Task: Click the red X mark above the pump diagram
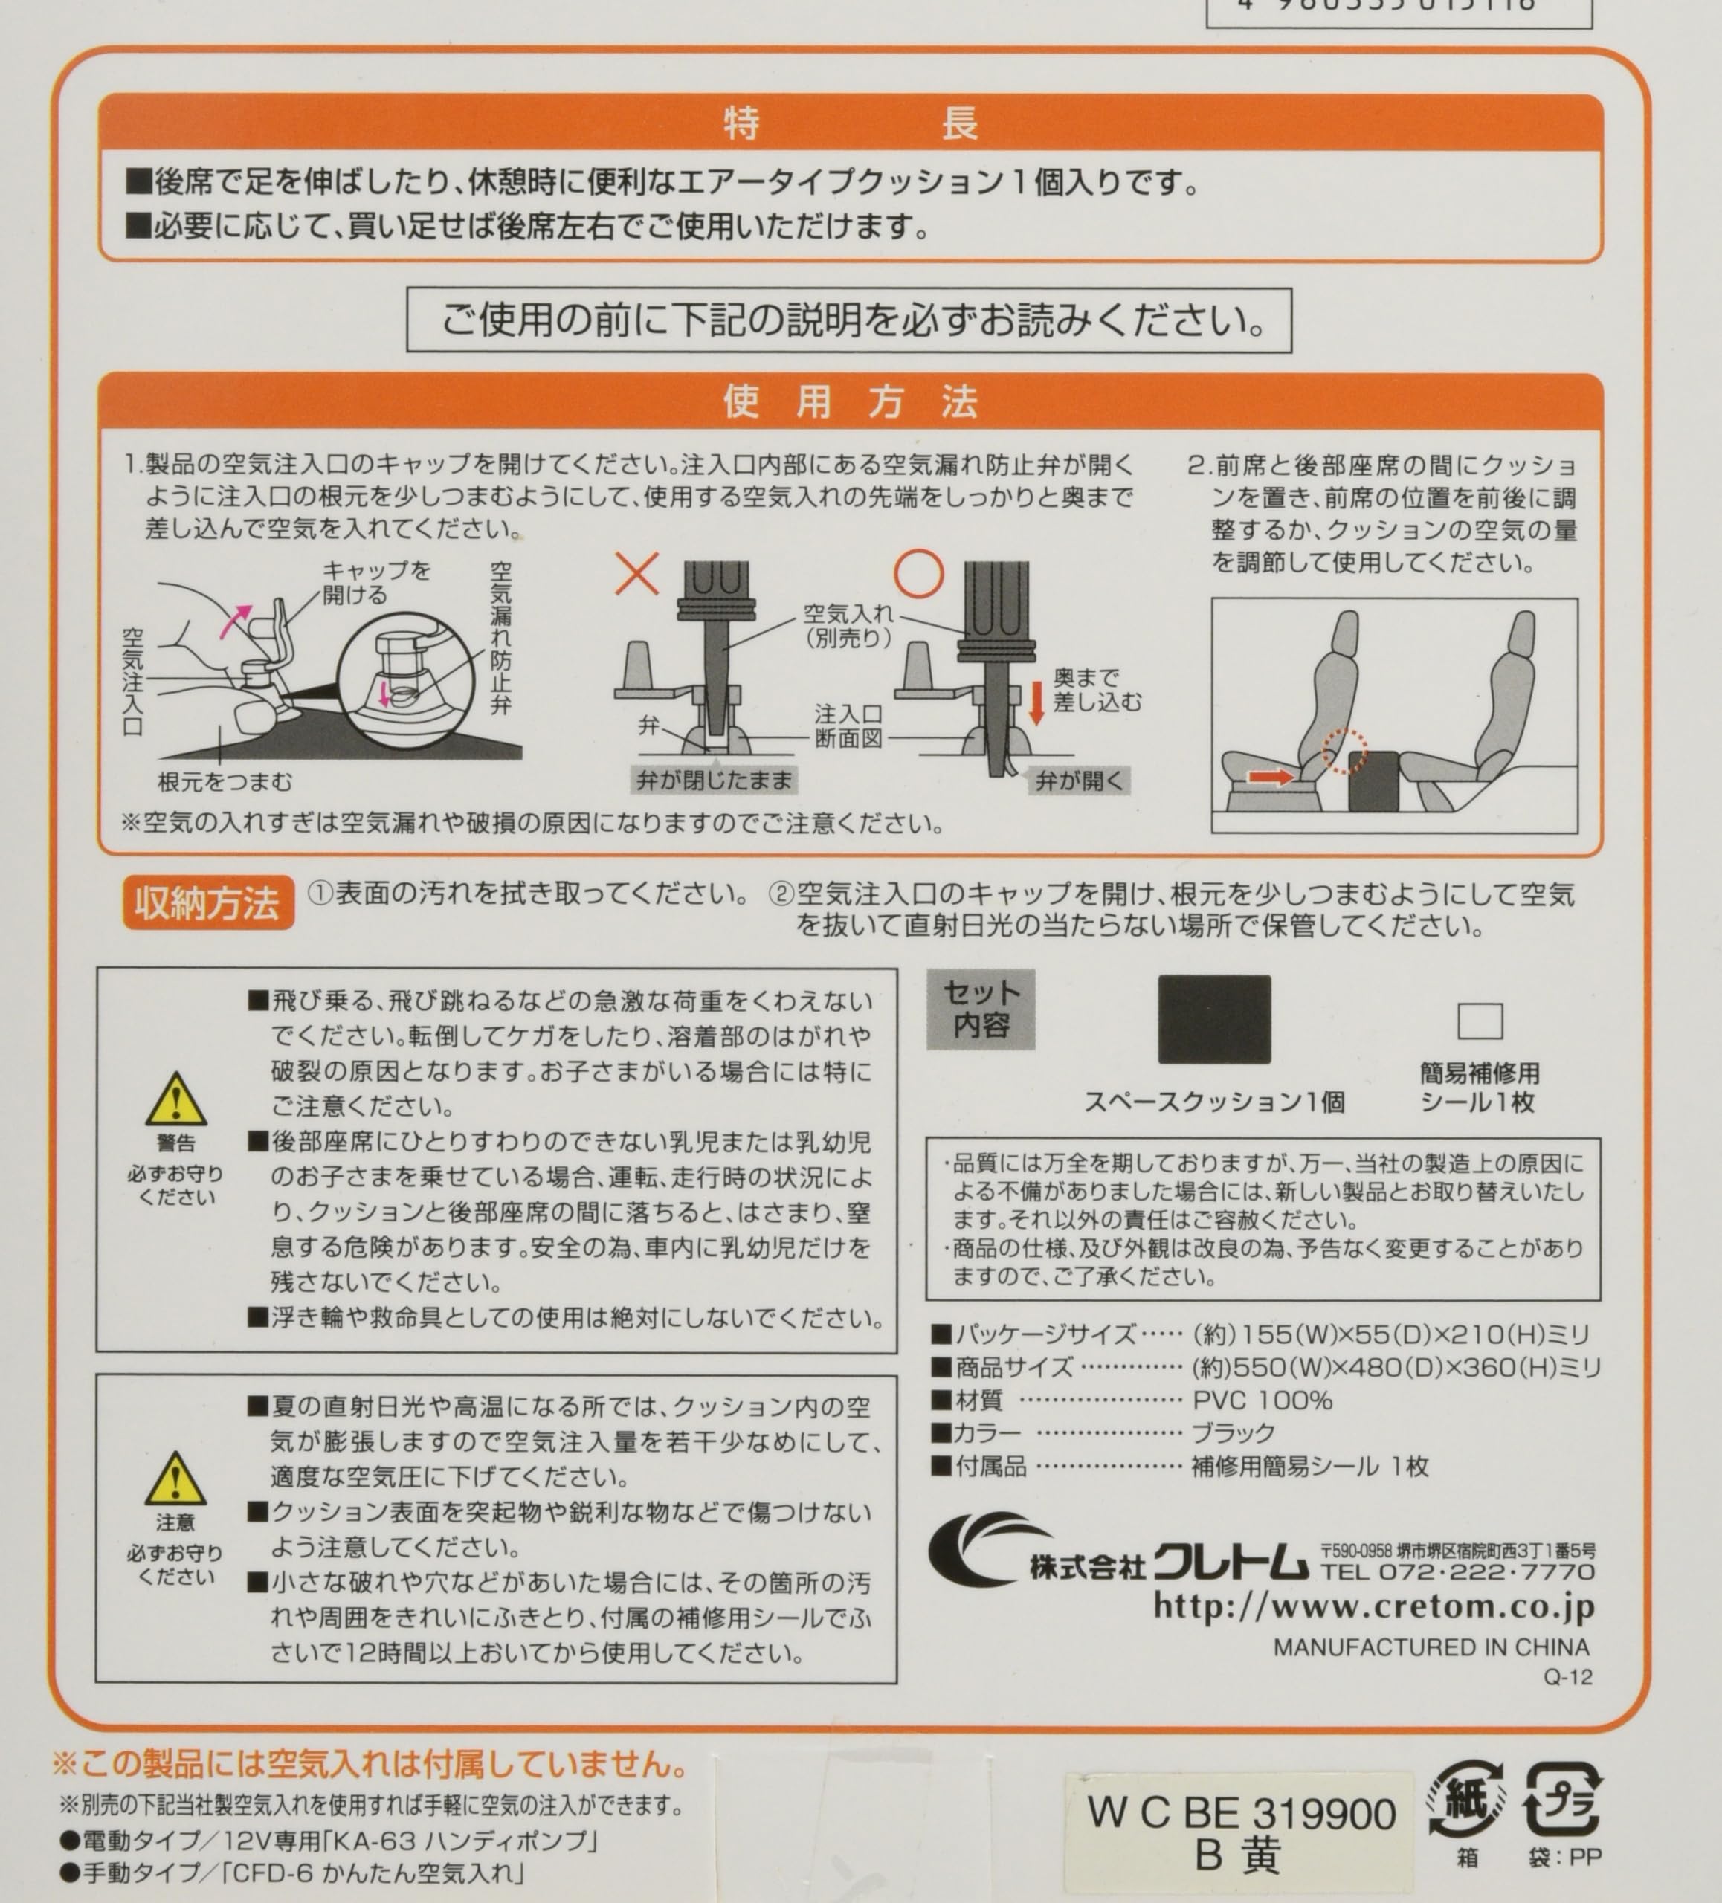(637, 573)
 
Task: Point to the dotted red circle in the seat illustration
(1344, 752)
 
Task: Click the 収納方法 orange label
(207, 903)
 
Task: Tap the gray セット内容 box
(982, 1009)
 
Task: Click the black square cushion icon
(1214, 1019)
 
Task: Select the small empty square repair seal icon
(1480, 1021)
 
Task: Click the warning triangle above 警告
(175, 1101)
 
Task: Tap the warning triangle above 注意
(175, 1479)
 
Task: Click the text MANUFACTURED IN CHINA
(1431, 1647)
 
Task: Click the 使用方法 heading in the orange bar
(850, 402)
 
